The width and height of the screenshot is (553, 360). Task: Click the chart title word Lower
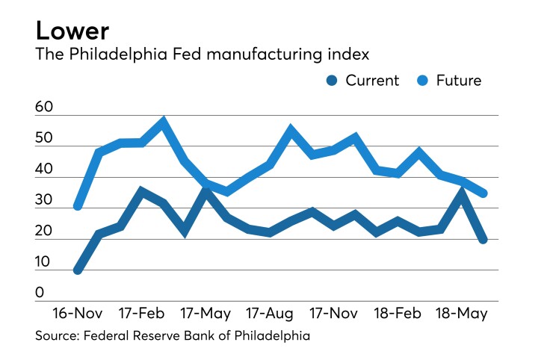72,31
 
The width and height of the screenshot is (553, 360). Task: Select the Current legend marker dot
333,81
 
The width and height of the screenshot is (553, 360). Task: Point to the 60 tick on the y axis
44,108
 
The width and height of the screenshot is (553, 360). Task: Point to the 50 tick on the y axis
44,139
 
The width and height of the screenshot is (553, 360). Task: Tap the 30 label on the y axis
44,200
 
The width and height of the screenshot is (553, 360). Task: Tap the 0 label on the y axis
40,293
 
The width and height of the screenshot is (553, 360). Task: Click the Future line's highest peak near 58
163,121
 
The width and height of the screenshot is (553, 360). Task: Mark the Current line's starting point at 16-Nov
78,270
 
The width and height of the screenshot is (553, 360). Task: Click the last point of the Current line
484,239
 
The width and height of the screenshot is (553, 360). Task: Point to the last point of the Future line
484,193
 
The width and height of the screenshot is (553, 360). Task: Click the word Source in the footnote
57,335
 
